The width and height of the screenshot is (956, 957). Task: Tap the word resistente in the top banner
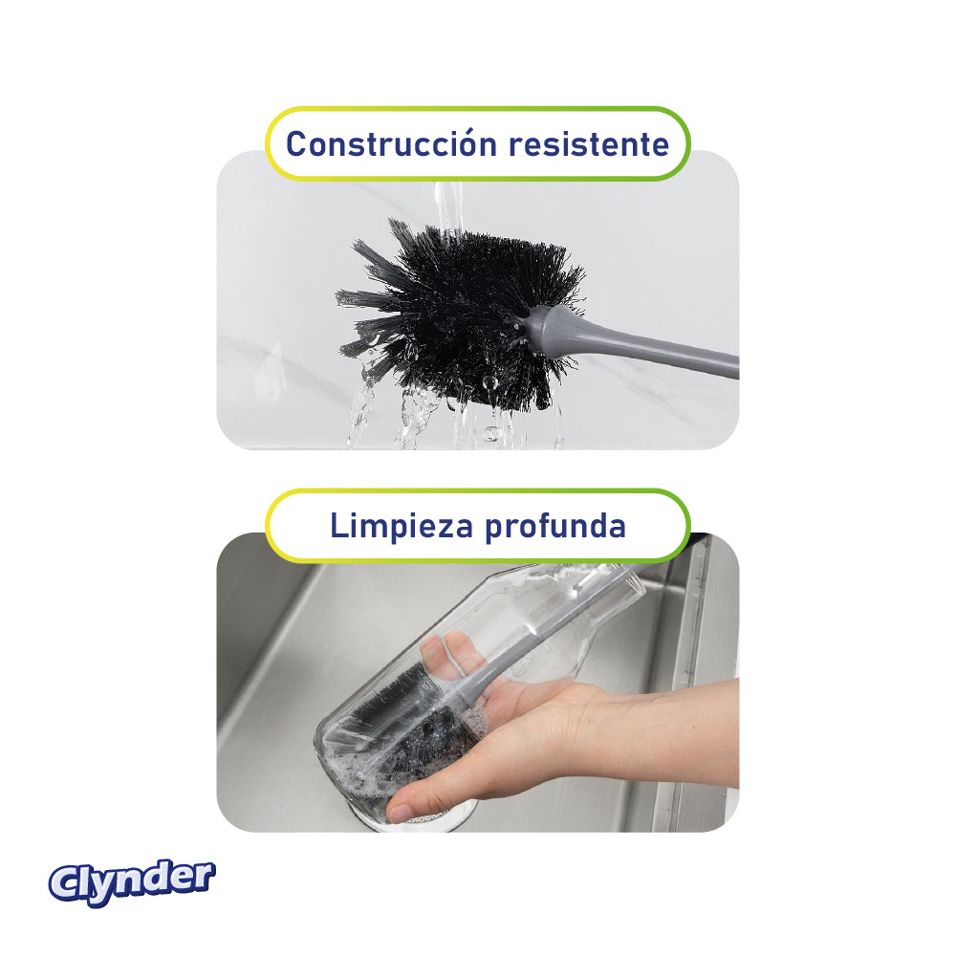click(588, 144)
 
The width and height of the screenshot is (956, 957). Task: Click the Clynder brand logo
click(132, 881)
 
